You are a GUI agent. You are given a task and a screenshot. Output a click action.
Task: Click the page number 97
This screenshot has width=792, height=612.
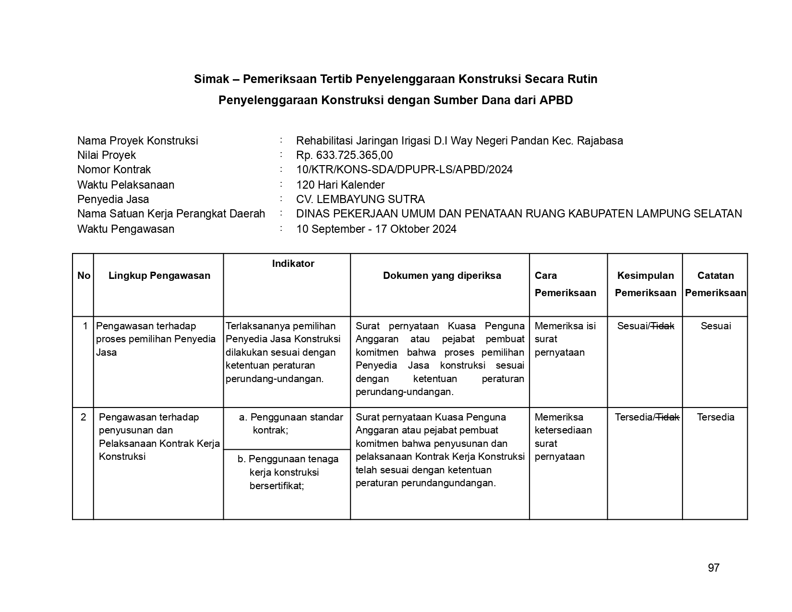pyautogui.click(x=713, y=568)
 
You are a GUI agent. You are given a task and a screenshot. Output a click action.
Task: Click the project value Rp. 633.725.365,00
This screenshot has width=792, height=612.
pyautogui.click(x=344, y=155)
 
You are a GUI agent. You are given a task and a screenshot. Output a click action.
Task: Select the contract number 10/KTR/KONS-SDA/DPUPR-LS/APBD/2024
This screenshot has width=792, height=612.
pyautogui.click(x=404, y=169)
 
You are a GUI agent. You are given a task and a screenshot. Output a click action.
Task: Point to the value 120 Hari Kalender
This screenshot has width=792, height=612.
pyautogui.click(x=340, y=185)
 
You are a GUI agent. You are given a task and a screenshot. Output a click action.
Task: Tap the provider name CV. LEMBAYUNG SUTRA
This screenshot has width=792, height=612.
pyautogui.click(x=360, y=199)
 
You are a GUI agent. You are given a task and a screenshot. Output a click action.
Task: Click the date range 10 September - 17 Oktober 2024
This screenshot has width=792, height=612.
pyautogui.click(x=376, y=229)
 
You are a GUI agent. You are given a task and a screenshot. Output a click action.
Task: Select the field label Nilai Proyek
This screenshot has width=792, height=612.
pyautogui.click(x=107, y=155)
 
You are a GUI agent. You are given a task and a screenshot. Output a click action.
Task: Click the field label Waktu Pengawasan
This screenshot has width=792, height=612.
pyautogui.click(x=126, y=229)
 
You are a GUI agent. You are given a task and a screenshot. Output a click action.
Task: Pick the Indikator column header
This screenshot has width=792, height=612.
pyautogui.click(x=293, y=264)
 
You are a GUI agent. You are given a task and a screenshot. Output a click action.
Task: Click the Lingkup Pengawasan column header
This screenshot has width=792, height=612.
pyautogui.click(x=159, y=276)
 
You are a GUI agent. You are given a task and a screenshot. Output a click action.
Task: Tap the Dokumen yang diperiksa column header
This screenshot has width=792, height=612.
pyautogui.click(x=442, y=276)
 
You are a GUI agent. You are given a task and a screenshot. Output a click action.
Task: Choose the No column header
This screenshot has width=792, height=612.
pyautogui.click(x=84, y=276)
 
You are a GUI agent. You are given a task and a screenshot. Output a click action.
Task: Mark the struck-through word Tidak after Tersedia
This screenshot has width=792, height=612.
pyautogui.click(x=667, y=417)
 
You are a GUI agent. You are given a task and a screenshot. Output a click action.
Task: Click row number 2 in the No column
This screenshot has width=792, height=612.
pyautogui.click(x=84, y=417)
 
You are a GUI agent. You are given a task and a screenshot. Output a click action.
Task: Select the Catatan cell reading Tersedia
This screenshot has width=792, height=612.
pyautogui.click(x=715, y=417)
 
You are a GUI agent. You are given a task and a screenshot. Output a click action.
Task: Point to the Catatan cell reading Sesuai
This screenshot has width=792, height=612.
pyautogui.click(x=715, y=326)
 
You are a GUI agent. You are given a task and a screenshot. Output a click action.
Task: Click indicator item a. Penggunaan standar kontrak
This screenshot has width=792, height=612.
pyautogui.click(x=291, y=423)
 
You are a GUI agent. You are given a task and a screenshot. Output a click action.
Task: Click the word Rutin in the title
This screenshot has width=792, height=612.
pyautogui.click(x=582, y=79)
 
